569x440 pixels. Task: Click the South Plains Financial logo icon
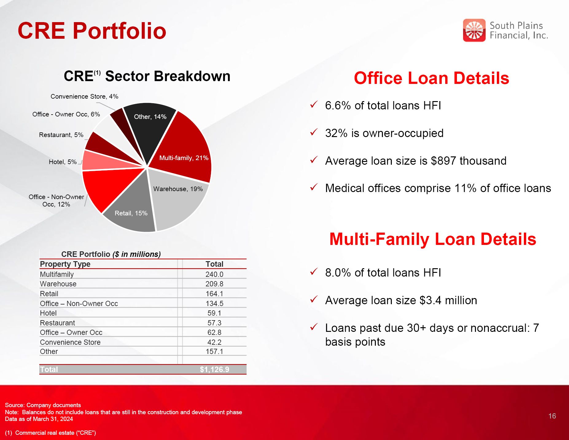pos(474,30)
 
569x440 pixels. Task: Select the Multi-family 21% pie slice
pos(184,147)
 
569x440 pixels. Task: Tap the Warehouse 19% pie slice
pos(178,200)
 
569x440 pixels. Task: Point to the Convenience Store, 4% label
pos(84,96)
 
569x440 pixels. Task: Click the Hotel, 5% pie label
pos(63,162)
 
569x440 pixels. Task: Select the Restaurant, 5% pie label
pos(61,135)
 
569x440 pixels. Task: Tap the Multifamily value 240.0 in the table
pos(214,274)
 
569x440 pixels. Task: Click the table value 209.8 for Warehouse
pos(214,284)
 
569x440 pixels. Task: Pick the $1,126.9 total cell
pos(214,369)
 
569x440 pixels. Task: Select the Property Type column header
pos(65,264)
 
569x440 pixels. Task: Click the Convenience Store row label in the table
pos(70,342)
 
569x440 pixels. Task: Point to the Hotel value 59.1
pos(214,313)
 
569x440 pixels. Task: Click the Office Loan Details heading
pos(431,78)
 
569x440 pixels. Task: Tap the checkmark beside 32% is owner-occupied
pos(314,132)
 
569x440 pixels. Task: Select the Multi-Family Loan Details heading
pos(433,239)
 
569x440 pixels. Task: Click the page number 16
pos(552,416)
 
